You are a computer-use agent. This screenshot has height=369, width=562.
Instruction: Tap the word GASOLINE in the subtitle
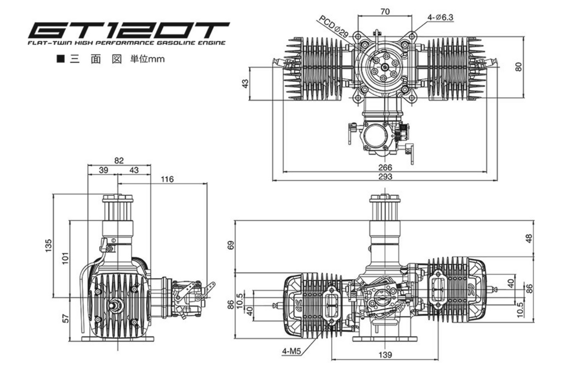[x=181, y=43]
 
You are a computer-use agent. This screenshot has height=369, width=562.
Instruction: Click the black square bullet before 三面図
[x=60, y=59]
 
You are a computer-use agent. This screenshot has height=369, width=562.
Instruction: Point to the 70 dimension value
[x=384, y=12]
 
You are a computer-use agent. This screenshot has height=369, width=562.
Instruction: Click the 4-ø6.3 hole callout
[x=440, y=18]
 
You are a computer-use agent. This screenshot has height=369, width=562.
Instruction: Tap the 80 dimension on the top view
[x=519, y=67]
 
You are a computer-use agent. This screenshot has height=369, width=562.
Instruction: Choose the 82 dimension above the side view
[x=119, y=161]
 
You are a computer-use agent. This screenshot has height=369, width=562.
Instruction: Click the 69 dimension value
[x=231, y=245]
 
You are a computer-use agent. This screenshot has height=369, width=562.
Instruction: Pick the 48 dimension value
[x=529, y=238]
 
